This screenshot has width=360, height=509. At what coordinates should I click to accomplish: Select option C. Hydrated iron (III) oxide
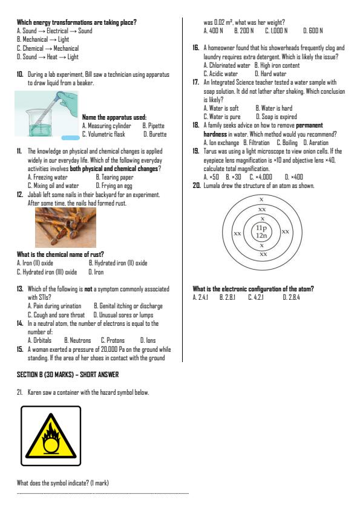click(47, 272)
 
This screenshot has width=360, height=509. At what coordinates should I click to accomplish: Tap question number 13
click(20, 289)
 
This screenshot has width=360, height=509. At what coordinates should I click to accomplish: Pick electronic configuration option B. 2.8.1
click(227, 297)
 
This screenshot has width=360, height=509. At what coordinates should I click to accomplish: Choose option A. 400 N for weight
click(213, 30)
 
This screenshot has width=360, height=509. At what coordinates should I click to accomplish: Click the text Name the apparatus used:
click(114, 117)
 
